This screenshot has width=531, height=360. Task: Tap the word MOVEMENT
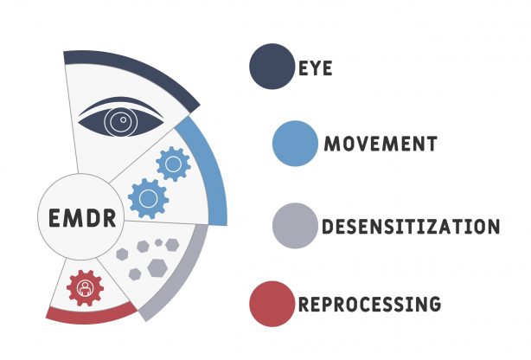380,144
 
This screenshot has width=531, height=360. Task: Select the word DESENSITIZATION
411,227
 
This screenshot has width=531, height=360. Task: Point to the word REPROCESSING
369,304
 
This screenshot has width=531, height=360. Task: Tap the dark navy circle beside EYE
272,66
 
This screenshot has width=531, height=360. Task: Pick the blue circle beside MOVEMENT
294,144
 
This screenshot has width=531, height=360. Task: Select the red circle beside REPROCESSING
272,304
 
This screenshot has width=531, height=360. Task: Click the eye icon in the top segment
122,120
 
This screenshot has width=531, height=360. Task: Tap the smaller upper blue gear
173,163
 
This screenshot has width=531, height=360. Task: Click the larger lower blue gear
148,198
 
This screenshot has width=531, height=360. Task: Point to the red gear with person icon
85,287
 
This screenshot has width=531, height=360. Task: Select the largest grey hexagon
157,267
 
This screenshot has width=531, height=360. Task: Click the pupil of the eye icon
120,122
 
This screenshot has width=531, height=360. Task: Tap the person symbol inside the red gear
85,288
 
